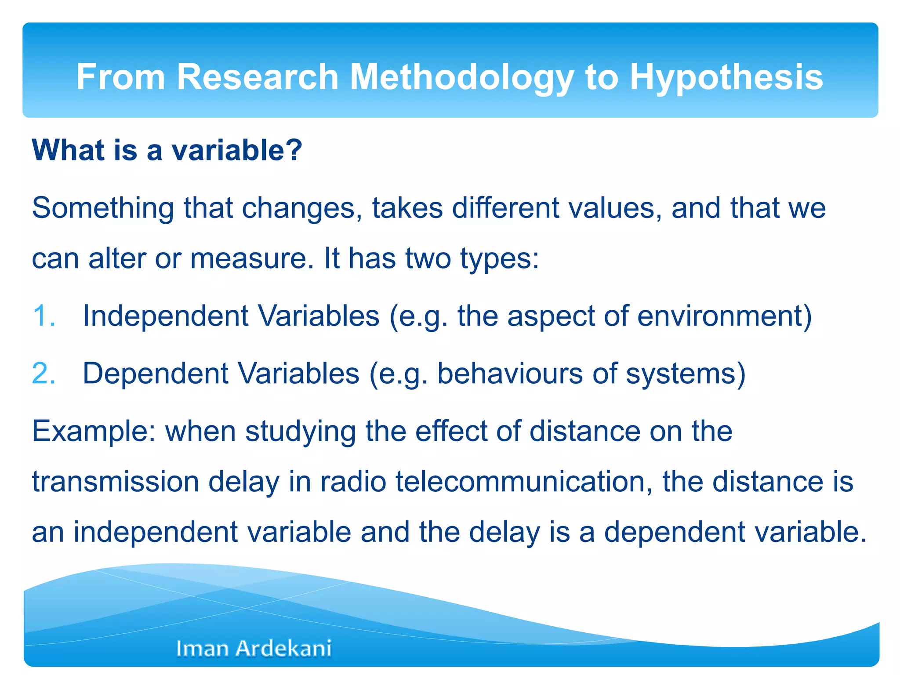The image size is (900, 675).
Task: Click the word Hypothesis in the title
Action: click(x=726, y=77)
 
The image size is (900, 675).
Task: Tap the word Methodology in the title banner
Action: click(x=461, y=77)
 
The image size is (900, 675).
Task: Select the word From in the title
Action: click(x=120, y=77)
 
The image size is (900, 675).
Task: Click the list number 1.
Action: click(x=44, y=316)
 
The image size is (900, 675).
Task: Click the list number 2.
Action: click(x=44, y=374)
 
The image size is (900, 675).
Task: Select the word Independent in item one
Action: click(x=166, y=316)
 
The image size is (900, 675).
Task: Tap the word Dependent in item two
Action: click(x=156, y=374)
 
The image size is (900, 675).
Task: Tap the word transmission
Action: click(x=115, y=482)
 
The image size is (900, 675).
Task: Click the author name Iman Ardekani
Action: click(x=254, y=648)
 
